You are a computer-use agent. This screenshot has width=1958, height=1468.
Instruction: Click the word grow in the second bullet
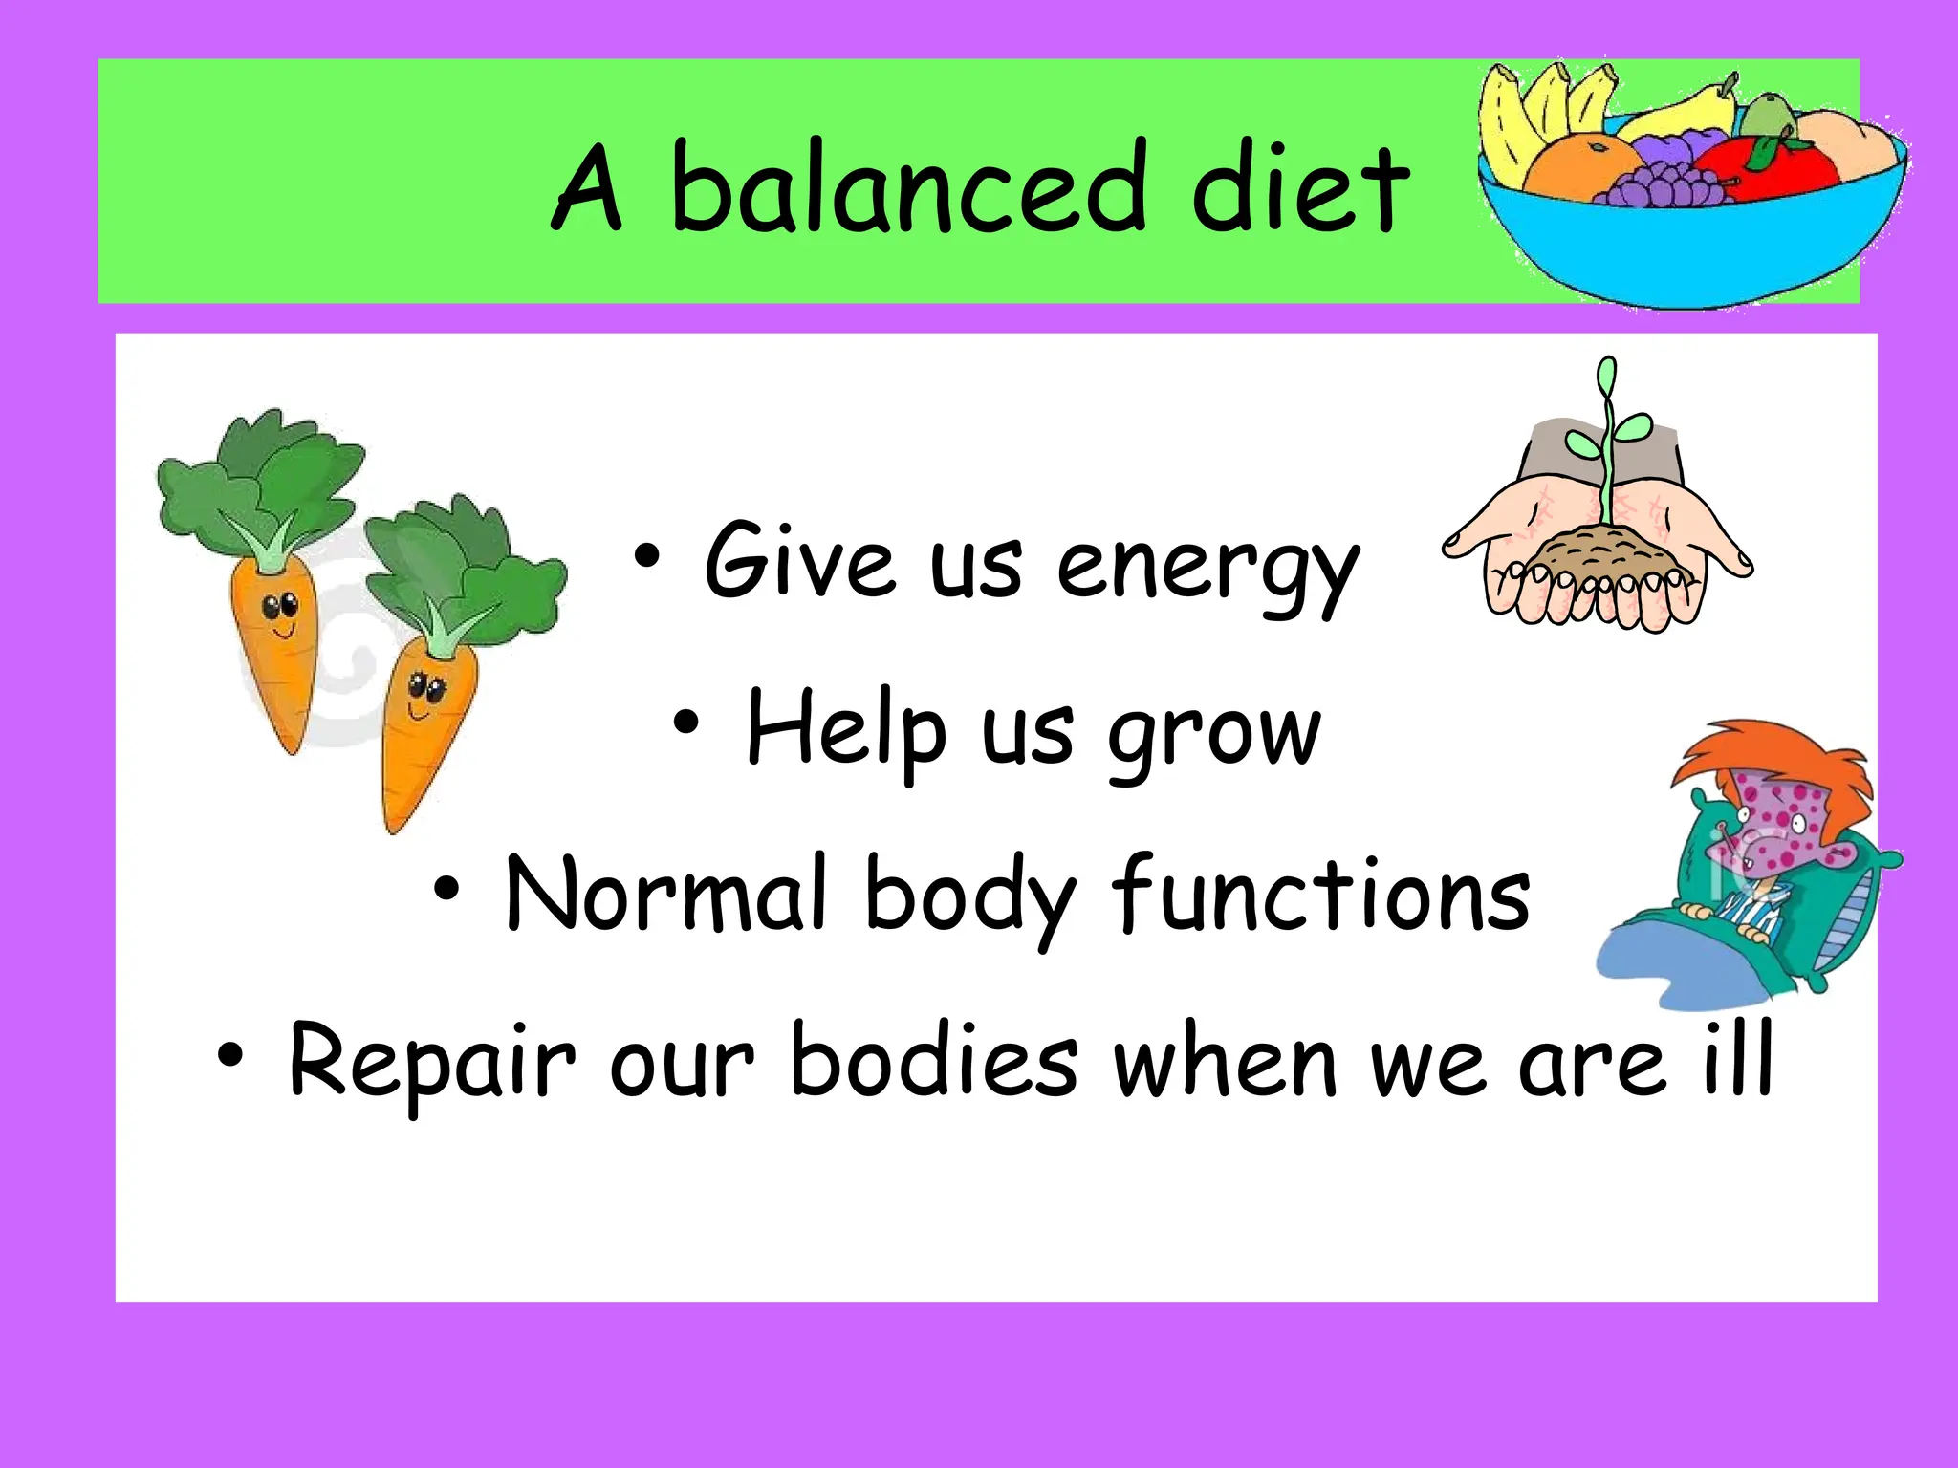coord(1214,736)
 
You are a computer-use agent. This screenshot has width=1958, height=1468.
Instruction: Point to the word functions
coord(1320,895)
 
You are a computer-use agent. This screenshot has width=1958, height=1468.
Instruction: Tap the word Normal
coord(664,895)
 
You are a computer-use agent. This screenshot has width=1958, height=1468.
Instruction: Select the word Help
coord(846,731)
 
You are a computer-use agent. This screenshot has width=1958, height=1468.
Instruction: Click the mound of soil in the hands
coord(1597,554)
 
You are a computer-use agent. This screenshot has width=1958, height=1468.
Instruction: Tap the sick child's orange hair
coord(1769,755)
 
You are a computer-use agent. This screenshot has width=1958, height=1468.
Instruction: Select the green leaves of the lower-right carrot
coord(459,564)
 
